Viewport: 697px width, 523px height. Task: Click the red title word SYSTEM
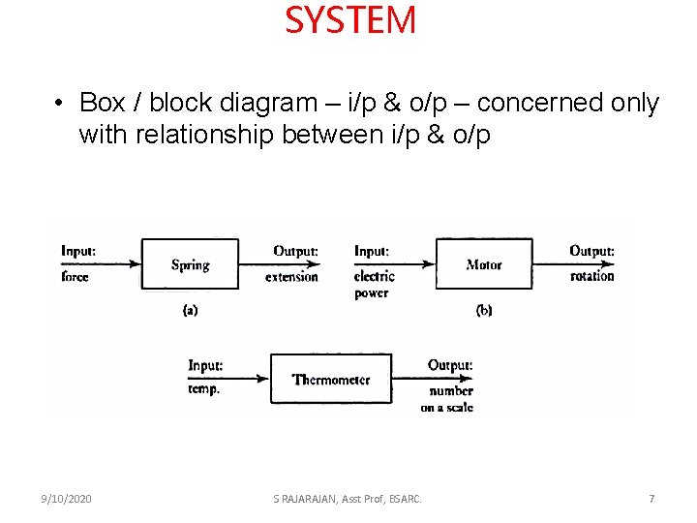pyautogui.click(x=350, y=20)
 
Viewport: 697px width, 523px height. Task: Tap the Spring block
pyautogui.click(x=190, y=264)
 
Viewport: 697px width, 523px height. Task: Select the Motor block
pyautogui.click(x=483, y=264)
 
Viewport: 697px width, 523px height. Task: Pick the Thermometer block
pyautogui.click(x=331, y=380)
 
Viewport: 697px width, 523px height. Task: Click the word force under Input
pyautogui.click(x=75, y=277)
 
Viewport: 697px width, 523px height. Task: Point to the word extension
pyautogui.click(x=291, y=277)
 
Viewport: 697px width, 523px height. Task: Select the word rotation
pyautogui.click(x=591, y=276)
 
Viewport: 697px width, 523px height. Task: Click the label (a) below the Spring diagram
pyautogui.click(x=190, y=310)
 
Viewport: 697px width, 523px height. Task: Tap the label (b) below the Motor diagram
pyautogui.click(x=484, y=310)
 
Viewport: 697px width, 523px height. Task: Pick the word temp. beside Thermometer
pyautogui.click(x=204, y=388)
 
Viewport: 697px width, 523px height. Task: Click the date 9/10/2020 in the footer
pyautogui.click(x=67, y=499)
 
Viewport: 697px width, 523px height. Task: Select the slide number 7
pyautogui.click(x=652, y=499)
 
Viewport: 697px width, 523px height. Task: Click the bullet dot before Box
pyautogui.click(x=60, y=103)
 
